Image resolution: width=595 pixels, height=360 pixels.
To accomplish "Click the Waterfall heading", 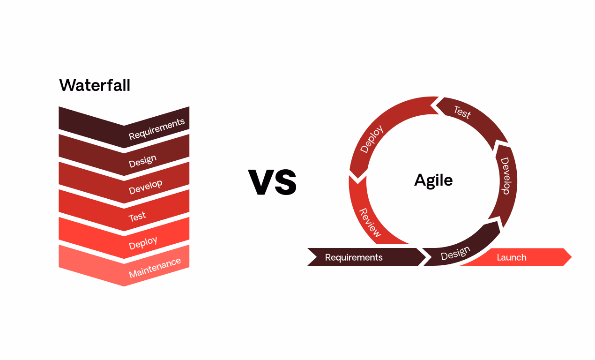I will point(95,86).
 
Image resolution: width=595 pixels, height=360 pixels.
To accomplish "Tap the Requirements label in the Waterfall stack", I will point(156,129).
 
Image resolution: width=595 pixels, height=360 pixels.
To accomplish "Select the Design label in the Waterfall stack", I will point(142,161).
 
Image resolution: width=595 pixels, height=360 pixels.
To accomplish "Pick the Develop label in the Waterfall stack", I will point(145,187).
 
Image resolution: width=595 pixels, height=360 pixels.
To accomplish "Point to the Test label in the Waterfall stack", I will point(137,217).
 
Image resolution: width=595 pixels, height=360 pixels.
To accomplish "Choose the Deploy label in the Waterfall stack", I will point(143,243).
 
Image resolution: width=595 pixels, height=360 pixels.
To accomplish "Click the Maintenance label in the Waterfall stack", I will point(155,267).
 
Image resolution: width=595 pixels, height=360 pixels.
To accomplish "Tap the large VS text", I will point(272,182).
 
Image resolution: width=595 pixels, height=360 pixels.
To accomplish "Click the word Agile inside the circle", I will point(433,180).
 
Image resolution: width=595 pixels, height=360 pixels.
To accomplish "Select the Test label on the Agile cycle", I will point(462,112).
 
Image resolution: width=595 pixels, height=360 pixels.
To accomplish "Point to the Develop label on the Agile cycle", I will point(505,176).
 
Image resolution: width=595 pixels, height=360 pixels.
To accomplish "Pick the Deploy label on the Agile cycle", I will point(372,139).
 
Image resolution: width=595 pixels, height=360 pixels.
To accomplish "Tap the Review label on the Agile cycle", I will point(370,222).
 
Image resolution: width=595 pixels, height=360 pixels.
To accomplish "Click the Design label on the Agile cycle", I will point(455,253).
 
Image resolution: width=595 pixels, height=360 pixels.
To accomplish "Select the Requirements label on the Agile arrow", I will point(354,257).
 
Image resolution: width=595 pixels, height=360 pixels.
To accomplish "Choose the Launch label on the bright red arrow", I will point(512,257).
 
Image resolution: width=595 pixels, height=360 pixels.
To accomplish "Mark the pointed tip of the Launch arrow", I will point(571,257).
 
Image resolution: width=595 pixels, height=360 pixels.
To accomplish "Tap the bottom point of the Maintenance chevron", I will point(124,285).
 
